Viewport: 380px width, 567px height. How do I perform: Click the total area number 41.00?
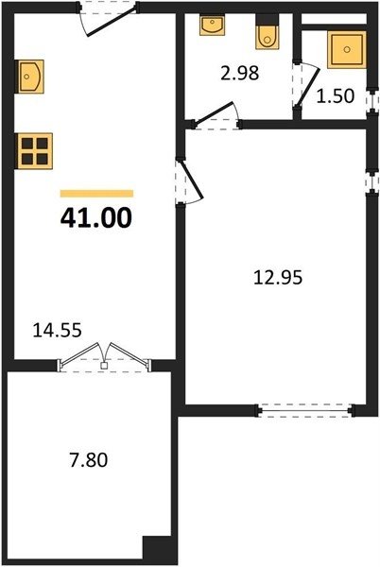[x=96, y=219]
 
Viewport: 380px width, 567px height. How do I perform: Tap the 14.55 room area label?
[x=57, y=330]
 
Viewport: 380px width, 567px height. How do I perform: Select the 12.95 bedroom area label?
[x=278, y=278]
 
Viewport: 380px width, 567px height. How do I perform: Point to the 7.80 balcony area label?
[x=89, y=461]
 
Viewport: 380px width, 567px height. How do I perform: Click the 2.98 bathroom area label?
[x=240, y=74]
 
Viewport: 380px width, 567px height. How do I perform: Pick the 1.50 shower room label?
[x=336, y=96]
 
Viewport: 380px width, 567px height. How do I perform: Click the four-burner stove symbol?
[x=34, y=151]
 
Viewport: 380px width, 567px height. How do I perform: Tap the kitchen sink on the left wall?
[x=29, y=77]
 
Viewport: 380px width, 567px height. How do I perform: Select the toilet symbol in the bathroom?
[x=268, y=32]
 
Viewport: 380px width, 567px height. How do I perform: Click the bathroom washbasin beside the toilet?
[x=212, y=25]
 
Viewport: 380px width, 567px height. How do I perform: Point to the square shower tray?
[x=347, y=49]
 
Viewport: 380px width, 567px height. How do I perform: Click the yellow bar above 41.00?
[x=97, y=194]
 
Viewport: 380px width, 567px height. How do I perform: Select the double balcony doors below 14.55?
[x=104, y=356]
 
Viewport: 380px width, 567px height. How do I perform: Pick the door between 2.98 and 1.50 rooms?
[x=306, y=87]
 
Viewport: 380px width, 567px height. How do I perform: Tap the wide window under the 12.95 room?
[x=305, y=411]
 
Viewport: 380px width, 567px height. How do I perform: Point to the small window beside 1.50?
[x=371, y=101]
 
